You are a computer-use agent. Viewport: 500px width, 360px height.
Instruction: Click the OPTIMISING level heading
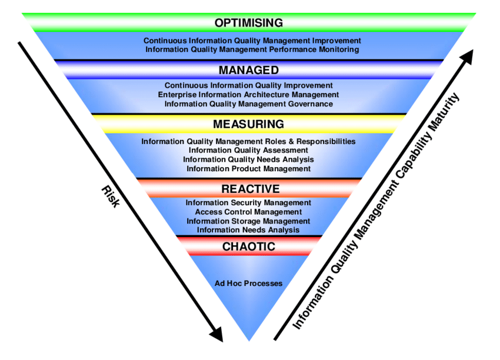(x=248, y=23)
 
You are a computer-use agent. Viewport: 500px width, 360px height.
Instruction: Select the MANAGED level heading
(x=248, y=70)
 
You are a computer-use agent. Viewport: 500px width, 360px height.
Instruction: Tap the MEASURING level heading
(x=248, y=124)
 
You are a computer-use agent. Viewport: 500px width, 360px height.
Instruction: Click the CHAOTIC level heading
(x=248, y=246)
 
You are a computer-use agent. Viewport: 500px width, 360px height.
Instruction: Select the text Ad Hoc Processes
(x=248, y=284)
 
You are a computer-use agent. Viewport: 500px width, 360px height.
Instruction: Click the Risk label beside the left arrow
(x=110, y=196)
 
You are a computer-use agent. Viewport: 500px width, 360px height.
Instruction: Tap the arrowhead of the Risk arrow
(x=216, y=334)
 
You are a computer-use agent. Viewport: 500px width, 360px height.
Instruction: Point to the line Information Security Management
(x=248, y=203)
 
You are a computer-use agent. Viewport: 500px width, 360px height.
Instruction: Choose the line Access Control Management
(x=248, y=212)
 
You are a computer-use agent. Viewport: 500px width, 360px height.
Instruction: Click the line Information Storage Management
(x=248, y=221)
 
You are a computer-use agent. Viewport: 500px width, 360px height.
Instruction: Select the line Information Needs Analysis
(x=248, y=230)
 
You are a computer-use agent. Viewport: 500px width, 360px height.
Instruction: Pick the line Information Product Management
(x=248, y=169)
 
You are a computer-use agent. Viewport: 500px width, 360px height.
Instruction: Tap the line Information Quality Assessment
(x=248, y=151)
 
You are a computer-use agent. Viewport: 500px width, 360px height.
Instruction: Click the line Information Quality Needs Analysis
(x=248, y=159)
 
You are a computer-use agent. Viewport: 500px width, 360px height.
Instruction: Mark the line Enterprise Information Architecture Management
(x=248, y=95)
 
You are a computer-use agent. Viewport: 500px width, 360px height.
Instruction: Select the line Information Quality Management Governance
(x=248, y=104)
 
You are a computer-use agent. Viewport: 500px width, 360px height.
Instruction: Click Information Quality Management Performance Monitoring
(x=252, y=50)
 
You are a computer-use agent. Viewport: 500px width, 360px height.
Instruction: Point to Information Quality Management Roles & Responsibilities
(x=248, y=142)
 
